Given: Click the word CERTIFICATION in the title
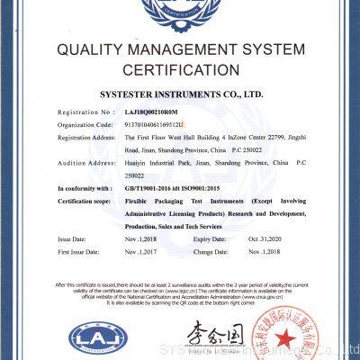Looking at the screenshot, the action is pyautogui.click(x=179, y=69).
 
